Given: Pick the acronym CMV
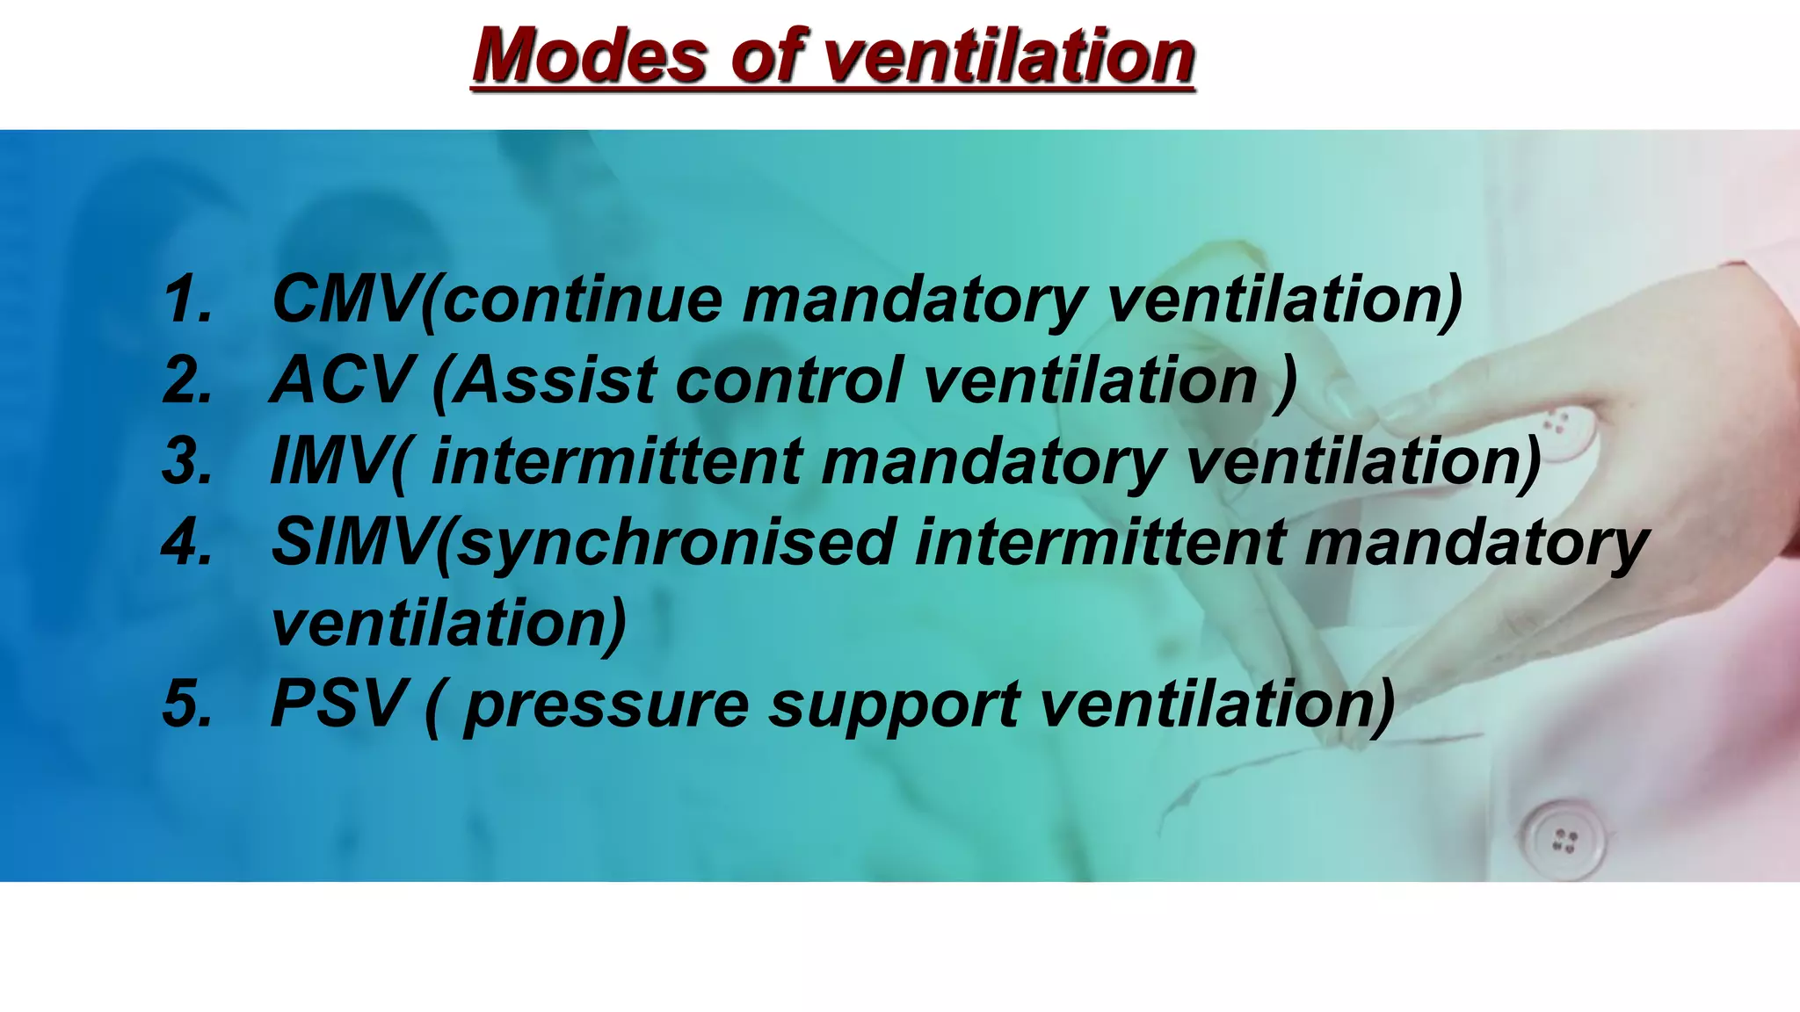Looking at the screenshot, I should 345,300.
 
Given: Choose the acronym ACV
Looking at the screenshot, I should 340,380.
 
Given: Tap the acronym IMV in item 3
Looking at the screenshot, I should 330,461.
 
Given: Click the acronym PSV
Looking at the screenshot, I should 338,704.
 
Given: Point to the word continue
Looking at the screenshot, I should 581,300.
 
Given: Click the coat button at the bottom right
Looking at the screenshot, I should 1564,839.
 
